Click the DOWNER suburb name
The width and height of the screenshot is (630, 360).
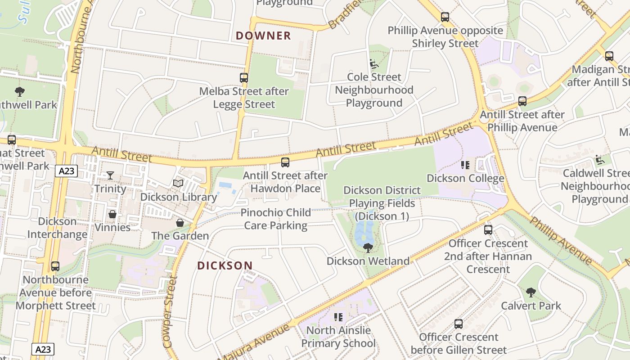(x=264, y=36)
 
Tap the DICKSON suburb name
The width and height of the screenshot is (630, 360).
(x=225, y=265)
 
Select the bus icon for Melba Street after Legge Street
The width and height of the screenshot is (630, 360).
(x=244, y=78)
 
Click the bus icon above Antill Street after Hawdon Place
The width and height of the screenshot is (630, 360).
(x=285, y=162)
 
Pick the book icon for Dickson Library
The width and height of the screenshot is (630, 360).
(x=178, y=184)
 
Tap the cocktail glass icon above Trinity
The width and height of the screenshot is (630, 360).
(x=110, y=175)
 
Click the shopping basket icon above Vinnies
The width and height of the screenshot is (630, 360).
(x=112, y=214)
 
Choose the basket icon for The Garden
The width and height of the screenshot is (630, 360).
(x=180, y=223)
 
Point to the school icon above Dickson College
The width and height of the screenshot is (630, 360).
(x=465, y=165)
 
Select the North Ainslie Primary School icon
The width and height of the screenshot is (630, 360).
(x=338, y=317)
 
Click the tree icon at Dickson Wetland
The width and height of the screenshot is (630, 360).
(x=368, y=247)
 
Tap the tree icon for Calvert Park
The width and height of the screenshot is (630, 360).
(x=531, y=292)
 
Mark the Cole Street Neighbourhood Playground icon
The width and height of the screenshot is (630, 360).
(x=373, y=64)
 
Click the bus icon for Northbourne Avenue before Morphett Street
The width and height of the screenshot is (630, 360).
(x=55, y=266)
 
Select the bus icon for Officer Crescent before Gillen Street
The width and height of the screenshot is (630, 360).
(x=459, y=324)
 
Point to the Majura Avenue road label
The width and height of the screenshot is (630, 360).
(x=255, y=342)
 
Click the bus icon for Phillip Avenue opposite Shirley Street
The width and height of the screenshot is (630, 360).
(x=445, y=18)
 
